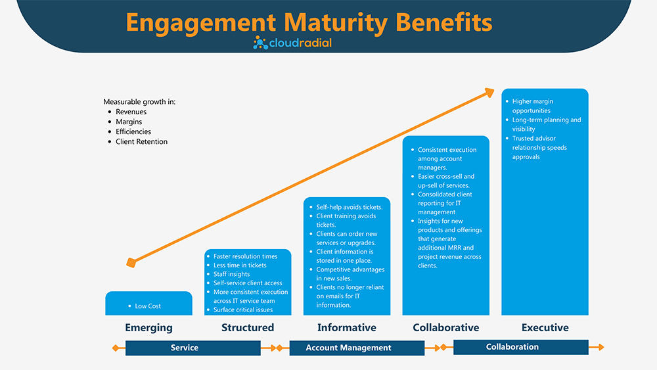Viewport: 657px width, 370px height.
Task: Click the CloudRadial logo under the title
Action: (292, 43)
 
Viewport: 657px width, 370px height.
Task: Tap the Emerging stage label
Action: (148, 327)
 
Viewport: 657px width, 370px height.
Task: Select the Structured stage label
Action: (247, 327)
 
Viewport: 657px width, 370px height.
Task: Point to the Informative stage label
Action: (346, 327)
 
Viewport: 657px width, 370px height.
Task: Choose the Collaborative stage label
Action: (445, 327)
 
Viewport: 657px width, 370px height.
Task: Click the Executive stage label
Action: (545, 327)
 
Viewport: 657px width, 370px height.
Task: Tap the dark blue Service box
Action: (184, 348)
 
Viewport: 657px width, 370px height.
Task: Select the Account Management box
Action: (348, 348)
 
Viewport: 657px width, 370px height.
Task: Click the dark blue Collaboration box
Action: (512, 346)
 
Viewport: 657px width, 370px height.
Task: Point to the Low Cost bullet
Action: (148, 306)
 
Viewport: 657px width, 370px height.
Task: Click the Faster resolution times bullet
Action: (245, 256)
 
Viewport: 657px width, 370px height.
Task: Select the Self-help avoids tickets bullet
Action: (349, 207)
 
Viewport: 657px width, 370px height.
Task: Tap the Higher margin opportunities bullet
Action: (532, 106)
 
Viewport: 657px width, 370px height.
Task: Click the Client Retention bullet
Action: (141, 141)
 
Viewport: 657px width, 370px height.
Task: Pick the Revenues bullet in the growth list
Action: (131, 112)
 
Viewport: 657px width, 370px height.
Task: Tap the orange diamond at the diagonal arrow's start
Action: (131, 263)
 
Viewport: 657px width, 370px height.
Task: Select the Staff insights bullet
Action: (231, 274)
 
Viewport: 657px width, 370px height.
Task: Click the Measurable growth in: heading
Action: (139, 102)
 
